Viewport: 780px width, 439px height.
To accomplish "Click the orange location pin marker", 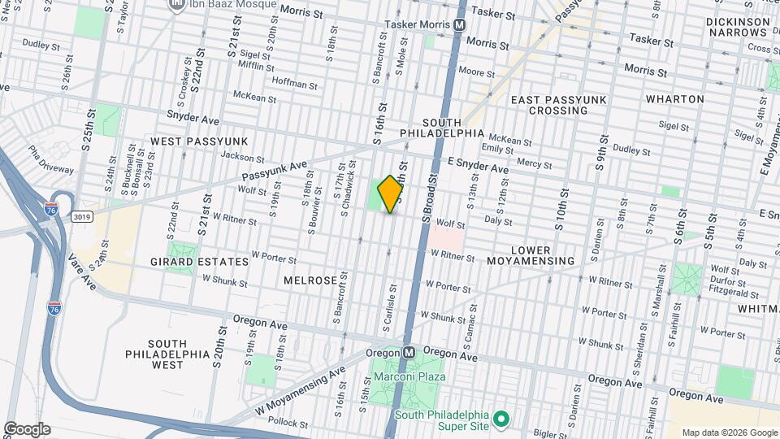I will (390, 194).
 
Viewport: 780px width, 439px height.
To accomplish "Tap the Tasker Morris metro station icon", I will (459, 25).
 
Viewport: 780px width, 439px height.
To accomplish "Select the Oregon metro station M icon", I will (409, 353).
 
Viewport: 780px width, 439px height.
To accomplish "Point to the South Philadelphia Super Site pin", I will (501, 419).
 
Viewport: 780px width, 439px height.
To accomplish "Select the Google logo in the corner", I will (27, 428).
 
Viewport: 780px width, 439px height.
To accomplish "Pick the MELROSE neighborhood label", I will (310, 280).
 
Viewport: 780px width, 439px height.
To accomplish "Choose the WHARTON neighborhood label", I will (674, 99).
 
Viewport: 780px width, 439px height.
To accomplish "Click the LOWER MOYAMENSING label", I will (531, 255).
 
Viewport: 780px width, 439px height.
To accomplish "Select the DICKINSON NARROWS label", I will (737, 27).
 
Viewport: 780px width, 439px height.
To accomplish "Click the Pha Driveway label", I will (51, 159).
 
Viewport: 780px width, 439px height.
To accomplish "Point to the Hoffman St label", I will (294, 84).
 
